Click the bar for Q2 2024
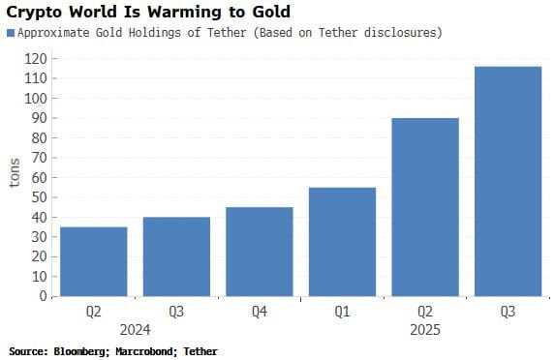(x=93, y=261)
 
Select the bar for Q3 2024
(x=175, y=256)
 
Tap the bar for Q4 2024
(x=259, y=252)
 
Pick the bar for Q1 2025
(x=341, y=242)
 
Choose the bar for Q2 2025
(x=424, y=207)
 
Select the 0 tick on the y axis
(x=43, y=296)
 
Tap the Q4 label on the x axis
(x=259, y=312)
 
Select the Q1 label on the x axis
(x=341, y=312)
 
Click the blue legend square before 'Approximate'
(x=11, y=33)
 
